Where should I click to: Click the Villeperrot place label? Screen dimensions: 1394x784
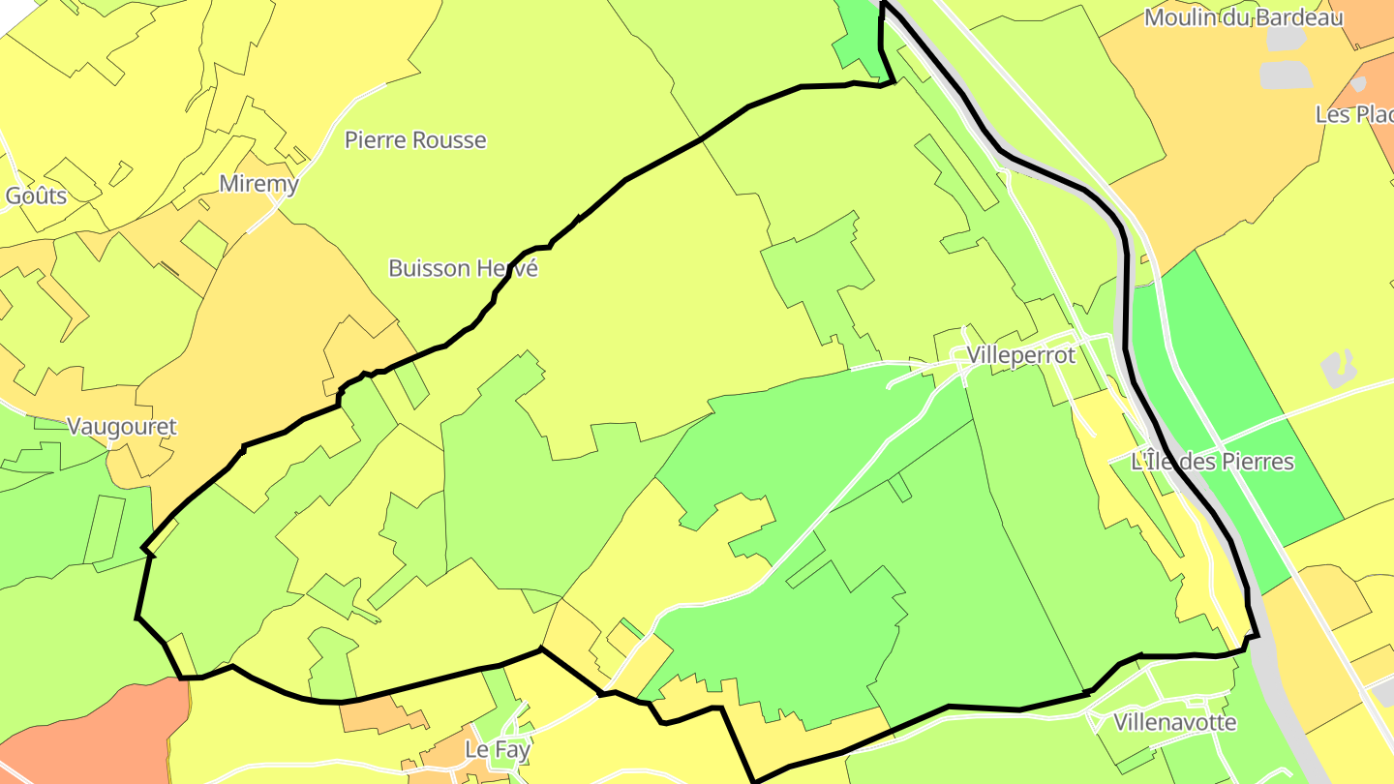tap(1020, 355)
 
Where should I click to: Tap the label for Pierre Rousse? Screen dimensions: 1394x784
tap(415, 140)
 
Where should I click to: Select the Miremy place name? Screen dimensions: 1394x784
tap(258, 184)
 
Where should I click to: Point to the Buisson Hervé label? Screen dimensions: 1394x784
tap(463, 268)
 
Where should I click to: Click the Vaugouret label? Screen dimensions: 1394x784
tap(122, 426)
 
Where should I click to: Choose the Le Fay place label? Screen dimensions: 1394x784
tap(497, 749)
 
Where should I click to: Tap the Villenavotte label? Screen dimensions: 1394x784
tap(1174, 722)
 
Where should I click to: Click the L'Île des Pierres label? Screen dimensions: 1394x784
tap(1212, 462)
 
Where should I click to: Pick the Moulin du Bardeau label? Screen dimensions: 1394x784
tap(1243, 17)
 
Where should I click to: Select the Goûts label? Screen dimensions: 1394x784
tap(36, 196)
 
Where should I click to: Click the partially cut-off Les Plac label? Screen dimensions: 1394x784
tap(1353, 114)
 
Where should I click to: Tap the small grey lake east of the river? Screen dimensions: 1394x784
tap(1338, 367)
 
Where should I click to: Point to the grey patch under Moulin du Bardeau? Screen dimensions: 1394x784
tap(1286, 75)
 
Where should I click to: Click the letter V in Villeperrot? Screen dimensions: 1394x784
tap(974, 355)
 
